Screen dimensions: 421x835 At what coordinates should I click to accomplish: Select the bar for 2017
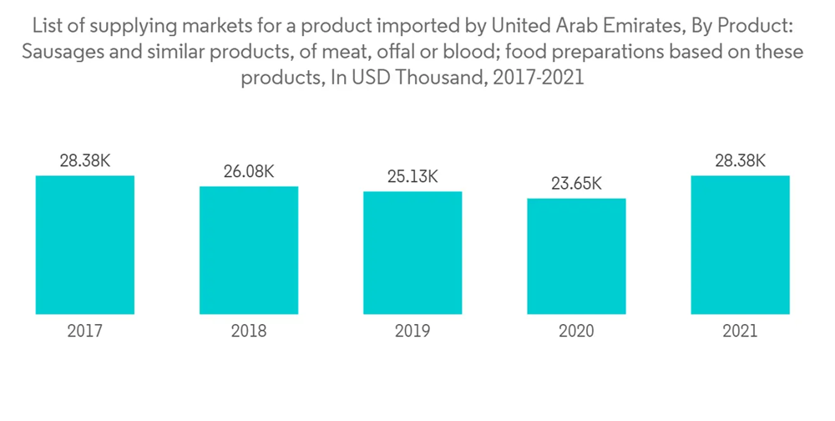click(x=84, y=245)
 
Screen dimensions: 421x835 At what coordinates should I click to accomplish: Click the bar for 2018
click(x=249, y=250)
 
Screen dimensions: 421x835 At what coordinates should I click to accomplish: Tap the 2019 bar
click(x=412, y=252)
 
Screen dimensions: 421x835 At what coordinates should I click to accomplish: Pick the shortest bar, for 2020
click(x=576, y=256)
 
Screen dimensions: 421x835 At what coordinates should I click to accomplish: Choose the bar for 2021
click(x=740, y=245)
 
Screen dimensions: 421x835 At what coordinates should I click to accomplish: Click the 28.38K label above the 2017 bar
click(x=84, y=161)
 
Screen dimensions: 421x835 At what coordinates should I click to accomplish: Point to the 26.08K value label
click(x=249, y=172)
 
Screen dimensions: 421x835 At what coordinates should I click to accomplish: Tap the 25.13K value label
click(x=412, y=177)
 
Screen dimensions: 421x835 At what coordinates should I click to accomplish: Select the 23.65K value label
click(x=576, y=184)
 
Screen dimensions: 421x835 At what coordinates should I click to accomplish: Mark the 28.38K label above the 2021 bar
click(x=740, y=161)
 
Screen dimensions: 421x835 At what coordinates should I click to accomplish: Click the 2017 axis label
click(x=84, y=332)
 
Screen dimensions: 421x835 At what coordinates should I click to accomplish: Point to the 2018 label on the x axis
click(x=249, y=332)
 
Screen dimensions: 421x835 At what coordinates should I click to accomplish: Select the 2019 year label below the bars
click(x=412, y=332)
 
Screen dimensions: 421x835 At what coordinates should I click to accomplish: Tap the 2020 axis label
click(x=576, y=332)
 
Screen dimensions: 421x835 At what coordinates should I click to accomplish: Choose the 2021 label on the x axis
click(x=740, y=332)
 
